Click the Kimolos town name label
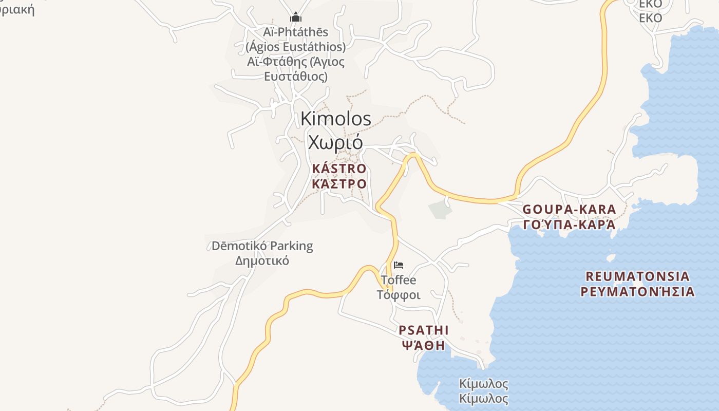[x=335, y=119]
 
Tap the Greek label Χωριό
[x=335, y=141]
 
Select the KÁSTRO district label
[x=339, y=169]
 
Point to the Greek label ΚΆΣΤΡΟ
[x=339, y=184]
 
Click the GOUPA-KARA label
[x=569, y=210]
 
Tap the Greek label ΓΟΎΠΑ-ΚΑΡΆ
[x=569, y=225]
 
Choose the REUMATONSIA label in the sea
[x=637, y=276]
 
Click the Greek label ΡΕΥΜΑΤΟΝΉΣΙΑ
[x=637, y=292]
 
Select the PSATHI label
[x=424, y=330]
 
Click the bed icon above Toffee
[x=399, y=265]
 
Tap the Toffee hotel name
[x=399, y=281]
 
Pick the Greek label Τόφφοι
[x=399, y=295]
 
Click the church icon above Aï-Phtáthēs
[x=295, y=18]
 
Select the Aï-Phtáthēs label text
[x=295, y=32]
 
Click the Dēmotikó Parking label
[x=262, y=246]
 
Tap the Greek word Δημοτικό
[x=262, y=260]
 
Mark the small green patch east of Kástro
[x=440, y=209]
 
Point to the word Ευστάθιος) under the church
[x=295, y=77]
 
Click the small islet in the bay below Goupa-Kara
[x=611, y=257]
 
